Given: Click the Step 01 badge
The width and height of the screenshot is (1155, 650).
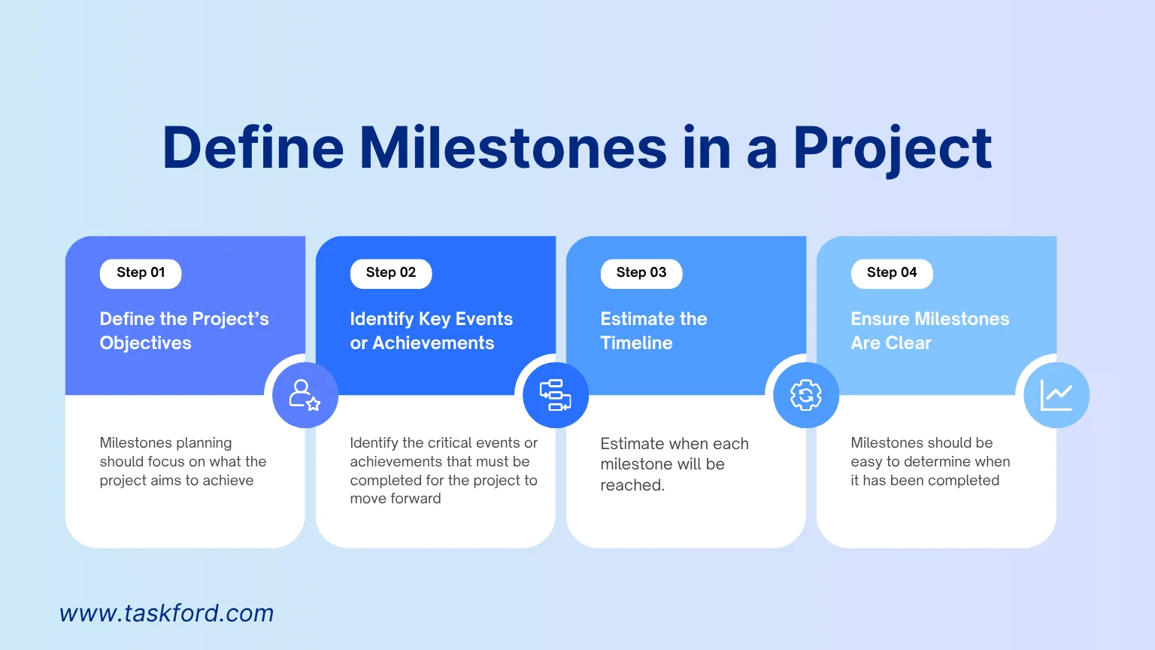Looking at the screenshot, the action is coord(141,273).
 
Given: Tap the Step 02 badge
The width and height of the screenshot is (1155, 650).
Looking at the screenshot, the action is coord(391,273).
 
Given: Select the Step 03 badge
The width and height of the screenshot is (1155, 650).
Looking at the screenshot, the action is coord(641,273).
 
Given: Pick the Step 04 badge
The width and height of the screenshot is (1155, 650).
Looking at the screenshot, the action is coord(892,273).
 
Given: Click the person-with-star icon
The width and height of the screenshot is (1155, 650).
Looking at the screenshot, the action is coord(305,395).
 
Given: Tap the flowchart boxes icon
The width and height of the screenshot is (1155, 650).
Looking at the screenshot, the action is coord(556,395).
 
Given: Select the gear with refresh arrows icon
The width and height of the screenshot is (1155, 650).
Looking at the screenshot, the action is coord(806,395).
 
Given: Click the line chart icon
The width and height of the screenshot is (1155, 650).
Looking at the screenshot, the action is coord(1056,395).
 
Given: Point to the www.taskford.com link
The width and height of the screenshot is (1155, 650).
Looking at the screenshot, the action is coord(166,613).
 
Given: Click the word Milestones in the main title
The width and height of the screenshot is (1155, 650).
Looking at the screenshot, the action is coord(514,148).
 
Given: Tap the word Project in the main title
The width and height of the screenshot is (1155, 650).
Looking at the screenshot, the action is coord(893,150).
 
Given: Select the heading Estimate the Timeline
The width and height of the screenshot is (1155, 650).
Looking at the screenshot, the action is coord(653,331).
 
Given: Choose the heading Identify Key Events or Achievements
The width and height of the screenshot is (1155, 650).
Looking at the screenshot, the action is coord(432,331).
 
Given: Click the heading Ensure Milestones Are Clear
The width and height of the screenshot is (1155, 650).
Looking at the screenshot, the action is coord(930,331).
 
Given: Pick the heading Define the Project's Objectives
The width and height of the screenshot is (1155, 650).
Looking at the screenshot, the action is coord(184,331).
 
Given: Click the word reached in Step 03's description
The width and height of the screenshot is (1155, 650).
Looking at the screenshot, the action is coord(632,485).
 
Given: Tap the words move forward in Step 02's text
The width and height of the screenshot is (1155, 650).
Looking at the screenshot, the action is coord(396,499).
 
